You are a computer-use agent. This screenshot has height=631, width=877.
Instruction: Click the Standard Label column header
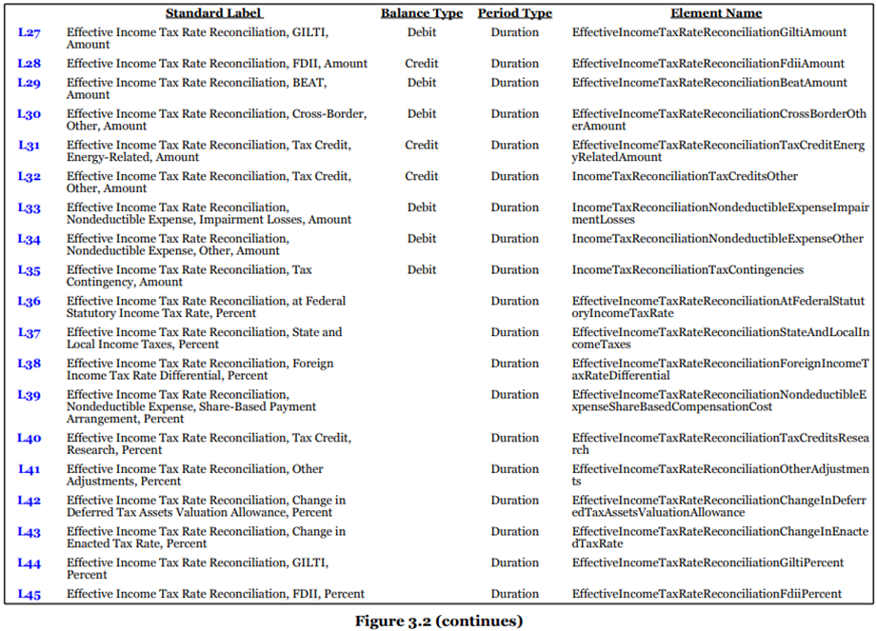coord(213,13)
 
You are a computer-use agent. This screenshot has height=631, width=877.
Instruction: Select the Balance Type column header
coord(422,13)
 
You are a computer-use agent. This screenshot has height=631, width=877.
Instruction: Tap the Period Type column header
coord(514,13)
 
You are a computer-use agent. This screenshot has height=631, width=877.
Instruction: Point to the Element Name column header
coord(716,13)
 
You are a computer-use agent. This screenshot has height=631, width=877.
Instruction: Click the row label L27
coord(30,32)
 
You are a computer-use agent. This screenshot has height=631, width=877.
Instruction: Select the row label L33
coord(30,207)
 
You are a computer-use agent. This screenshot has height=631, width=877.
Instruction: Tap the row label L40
coord(30,438)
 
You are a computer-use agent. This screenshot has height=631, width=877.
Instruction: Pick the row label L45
coord(30,594)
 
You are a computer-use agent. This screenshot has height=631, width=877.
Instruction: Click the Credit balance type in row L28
coord(422,64)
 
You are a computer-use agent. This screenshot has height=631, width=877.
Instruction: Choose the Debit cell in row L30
coord(422,114)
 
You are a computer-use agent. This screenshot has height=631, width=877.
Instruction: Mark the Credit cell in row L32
coord(422,176)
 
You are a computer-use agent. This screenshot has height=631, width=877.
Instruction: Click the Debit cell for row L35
coord(422,270)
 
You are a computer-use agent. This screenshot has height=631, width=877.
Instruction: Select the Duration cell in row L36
coord(514,302)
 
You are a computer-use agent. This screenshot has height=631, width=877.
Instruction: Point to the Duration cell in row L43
coord(514,532)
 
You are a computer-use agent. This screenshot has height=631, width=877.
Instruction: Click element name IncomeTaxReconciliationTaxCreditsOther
coord(685,176)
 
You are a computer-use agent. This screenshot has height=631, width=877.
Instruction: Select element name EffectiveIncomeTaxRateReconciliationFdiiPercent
coord(707,594)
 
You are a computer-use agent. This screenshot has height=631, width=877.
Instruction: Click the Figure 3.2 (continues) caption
coord(439,621)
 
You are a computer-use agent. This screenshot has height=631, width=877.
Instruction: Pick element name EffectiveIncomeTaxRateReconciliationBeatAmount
coord(708,83)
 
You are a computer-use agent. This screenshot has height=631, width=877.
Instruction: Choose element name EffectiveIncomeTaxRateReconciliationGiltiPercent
coord(708,563)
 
